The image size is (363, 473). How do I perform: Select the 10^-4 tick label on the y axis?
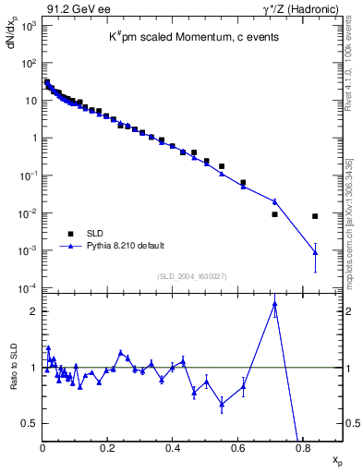point(26,288)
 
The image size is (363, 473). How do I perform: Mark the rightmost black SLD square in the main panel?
point(315,216)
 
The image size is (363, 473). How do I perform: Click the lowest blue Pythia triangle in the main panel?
point(315,252)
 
